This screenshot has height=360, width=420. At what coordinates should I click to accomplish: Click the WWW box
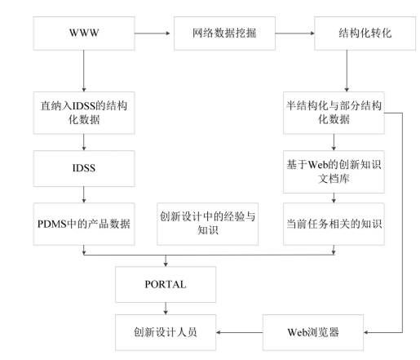pyautogui.click(x=84, y=33)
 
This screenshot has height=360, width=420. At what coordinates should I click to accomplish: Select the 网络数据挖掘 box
pyautogui.click(x=224, y=33)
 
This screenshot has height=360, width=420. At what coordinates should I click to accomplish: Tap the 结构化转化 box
pyautogui.click(x=365, y=33)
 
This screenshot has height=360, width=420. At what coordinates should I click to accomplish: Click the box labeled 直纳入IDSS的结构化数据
pyautogui.click(x=84, y=113)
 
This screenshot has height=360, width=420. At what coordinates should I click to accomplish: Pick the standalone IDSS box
pyautogui.click(x=84, y=168)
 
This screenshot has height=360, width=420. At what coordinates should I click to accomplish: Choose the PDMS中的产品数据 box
pyautogui.click(x=84, y=224)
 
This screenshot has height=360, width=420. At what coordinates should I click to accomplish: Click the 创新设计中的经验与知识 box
pyautogui.click(x=208, y=224)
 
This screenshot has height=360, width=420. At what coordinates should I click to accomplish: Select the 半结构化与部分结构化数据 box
pyautogui.click(x=334, y=113)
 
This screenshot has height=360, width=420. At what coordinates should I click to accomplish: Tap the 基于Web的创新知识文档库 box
pyautogui.click(x=334, y=171)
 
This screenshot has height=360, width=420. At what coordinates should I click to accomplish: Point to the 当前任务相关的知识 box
pyautogui.click(x=334, y=224)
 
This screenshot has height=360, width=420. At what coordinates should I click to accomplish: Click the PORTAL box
pyautogui.click(x=166, y=284)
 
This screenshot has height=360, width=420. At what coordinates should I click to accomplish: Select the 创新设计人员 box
pyautogui.click(x=166, y=332)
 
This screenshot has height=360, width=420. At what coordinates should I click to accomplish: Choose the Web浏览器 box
pyautogui.click(x=313, y=332)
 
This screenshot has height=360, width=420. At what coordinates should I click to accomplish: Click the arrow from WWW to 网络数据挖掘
pyautogui.click(x=153, y=33)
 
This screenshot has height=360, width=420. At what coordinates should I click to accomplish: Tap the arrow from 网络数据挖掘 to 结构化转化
pyautogui.click(x=295, y=33)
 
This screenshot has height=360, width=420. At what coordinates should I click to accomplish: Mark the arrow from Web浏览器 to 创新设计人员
pyautogui.click(x=240, y=332)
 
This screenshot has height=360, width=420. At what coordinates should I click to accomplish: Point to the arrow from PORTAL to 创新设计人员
pyautogui.click(x=166, y=309)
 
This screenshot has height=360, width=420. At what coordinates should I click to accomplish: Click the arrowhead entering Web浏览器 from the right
pyautogui.click(x=365, y=332)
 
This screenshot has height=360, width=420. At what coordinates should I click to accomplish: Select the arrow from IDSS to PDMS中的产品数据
pyautogui.click(x=84, y=194)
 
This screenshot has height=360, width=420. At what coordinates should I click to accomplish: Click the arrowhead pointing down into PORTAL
pyautogui.click(x=166, y=264)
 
